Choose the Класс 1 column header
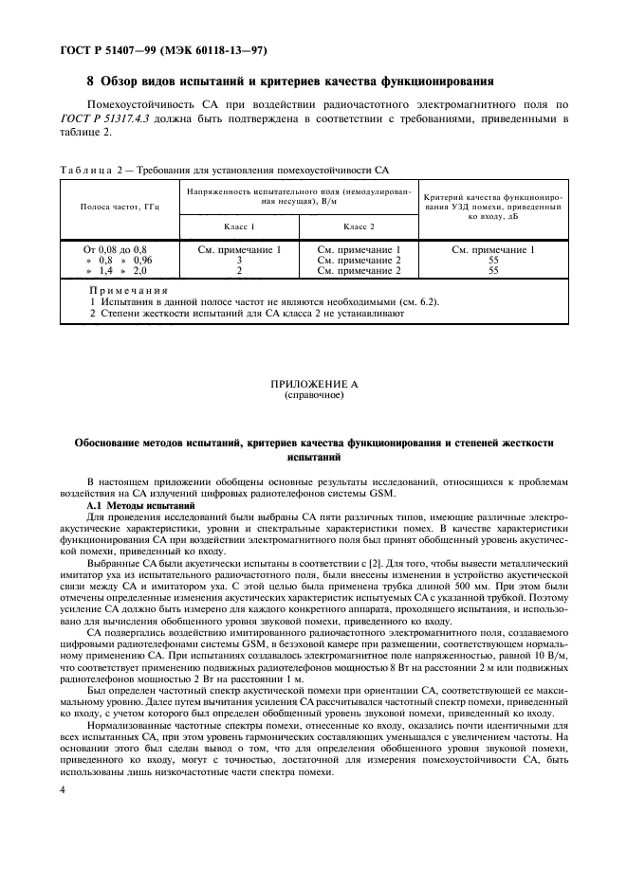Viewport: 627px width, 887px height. (x=239, y=229)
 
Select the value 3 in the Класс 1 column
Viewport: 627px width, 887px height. (x=239, y=259)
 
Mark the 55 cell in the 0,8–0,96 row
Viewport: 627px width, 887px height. (x=493, y=259)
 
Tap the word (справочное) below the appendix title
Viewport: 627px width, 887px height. (x=315, y=395)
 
